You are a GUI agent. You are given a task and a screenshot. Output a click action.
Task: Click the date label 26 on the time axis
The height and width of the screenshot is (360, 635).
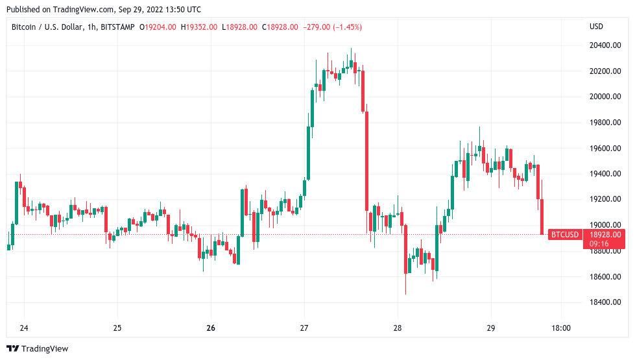(211, 328)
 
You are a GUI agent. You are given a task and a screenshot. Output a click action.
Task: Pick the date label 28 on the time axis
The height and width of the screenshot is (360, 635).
(398, 328)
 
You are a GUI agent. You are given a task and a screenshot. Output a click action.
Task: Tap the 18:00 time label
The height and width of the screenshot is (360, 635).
(560, 328)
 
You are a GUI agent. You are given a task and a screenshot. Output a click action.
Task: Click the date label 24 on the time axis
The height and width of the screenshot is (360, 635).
(24, 328)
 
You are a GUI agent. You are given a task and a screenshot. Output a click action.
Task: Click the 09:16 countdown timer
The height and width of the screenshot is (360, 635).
(598, 243)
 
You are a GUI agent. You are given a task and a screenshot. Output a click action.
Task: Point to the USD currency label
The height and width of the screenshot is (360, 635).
(596, 27)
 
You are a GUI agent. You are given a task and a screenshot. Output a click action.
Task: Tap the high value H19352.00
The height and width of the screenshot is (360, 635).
(200, 27)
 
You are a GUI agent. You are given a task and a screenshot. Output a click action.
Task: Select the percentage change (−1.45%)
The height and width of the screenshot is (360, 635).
(344, 27)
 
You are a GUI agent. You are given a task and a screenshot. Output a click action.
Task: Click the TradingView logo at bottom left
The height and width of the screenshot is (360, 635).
(38, 348)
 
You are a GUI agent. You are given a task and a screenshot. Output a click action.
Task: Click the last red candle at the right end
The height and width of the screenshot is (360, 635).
(542, 217)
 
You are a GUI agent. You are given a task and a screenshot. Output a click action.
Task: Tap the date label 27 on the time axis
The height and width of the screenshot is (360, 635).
(304, 328)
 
